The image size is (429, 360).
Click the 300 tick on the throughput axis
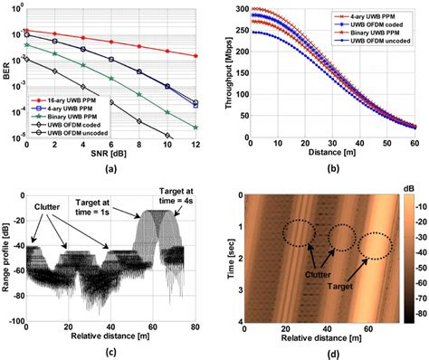[x=238, y=7]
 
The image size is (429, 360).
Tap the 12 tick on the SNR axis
[x=197, y=145]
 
